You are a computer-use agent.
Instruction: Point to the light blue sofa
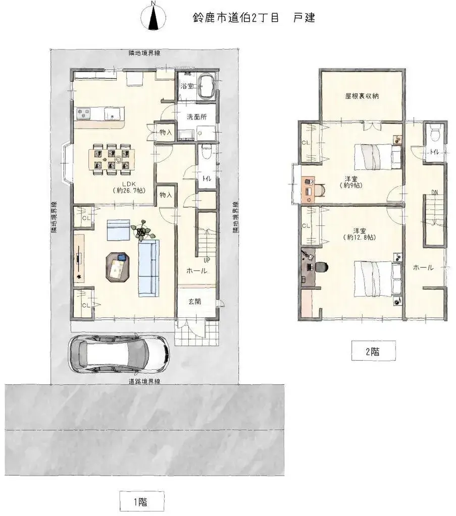pos(148,267)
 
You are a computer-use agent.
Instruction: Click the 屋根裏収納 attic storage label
pos(362,96)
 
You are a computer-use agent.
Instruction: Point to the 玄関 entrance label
pos(195,302)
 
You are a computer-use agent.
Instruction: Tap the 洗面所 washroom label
pos(194,117)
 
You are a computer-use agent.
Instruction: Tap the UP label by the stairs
pos(207,260)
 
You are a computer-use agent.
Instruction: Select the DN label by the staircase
pos(434,192)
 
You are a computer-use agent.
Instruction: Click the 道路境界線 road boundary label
pos(144,382)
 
